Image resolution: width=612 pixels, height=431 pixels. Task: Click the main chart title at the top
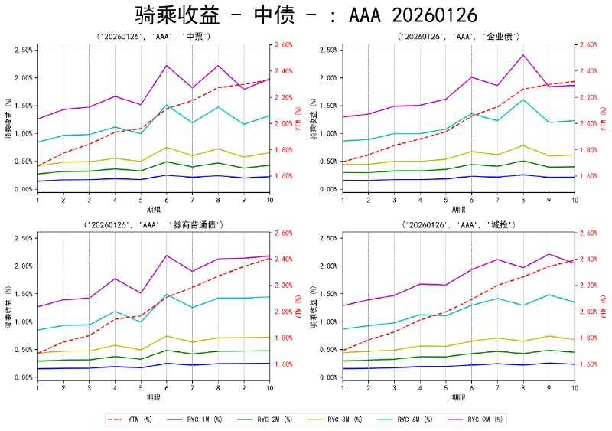(x=306, y=15)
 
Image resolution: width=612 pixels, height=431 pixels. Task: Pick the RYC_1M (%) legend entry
(x=198, y=420)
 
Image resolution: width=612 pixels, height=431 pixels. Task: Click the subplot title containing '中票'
(x=154, y=36)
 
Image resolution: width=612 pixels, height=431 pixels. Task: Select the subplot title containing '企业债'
(x=459, y=36)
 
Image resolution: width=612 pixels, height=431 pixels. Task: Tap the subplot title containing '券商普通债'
(x=154, y=224)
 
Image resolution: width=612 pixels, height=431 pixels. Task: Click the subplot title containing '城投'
(x=459, y=224)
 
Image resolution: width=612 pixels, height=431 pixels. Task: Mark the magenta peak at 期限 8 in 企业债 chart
(x=523, y=54)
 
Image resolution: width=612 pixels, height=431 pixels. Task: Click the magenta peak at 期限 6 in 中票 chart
(x=167, y=65)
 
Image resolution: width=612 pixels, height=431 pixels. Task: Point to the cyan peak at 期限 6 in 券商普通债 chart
(x=167, y=294)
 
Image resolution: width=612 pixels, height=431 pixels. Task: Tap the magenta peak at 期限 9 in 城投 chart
(x=549, y=254)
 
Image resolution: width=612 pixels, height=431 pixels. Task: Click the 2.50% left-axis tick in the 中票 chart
(x=23, y=50)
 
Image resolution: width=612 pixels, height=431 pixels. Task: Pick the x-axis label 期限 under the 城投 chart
(x=459, y=397)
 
